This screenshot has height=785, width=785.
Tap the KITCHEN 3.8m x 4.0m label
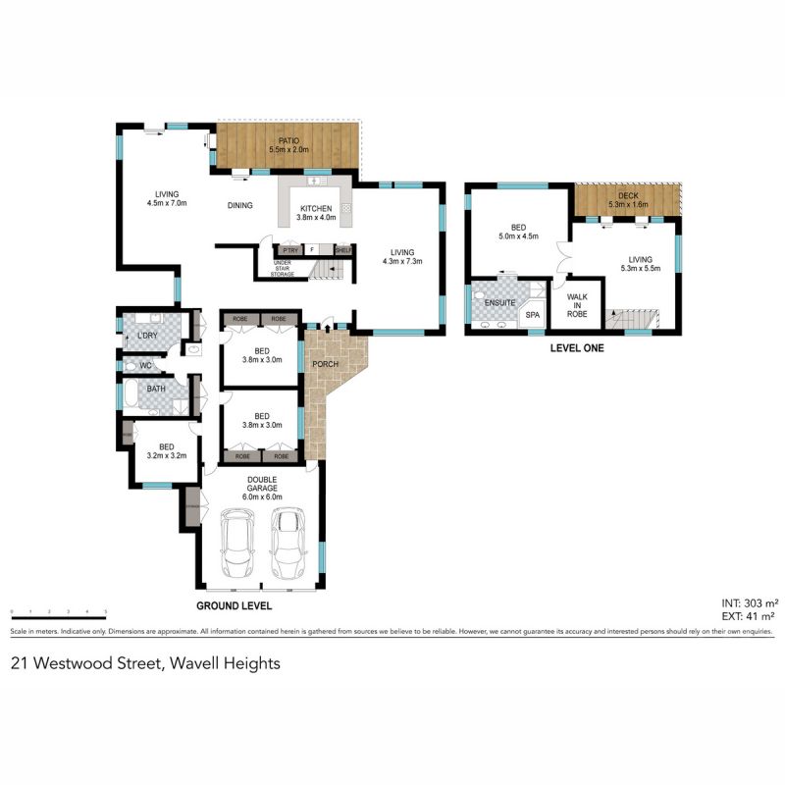click(x=316, y=213)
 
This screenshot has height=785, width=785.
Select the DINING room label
click(x=240, y=206)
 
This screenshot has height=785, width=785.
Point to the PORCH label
click(x=325, y=365)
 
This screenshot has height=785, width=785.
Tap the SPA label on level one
click(x=533, y=315)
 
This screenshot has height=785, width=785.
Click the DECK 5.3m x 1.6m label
click(x=628, y=200)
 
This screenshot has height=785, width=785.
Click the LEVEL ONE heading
click(x=577, y=348)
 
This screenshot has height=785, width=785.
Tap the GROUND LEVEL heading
click(x=234, y=606)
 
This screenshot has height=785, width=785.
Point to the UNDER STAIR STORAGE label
click(x=284, y=268)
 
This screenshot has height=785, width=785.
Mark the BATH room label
click(x=157, y=389)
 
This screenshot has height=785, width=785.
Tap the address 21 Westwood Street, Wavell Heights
click(x=145, y=663)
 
